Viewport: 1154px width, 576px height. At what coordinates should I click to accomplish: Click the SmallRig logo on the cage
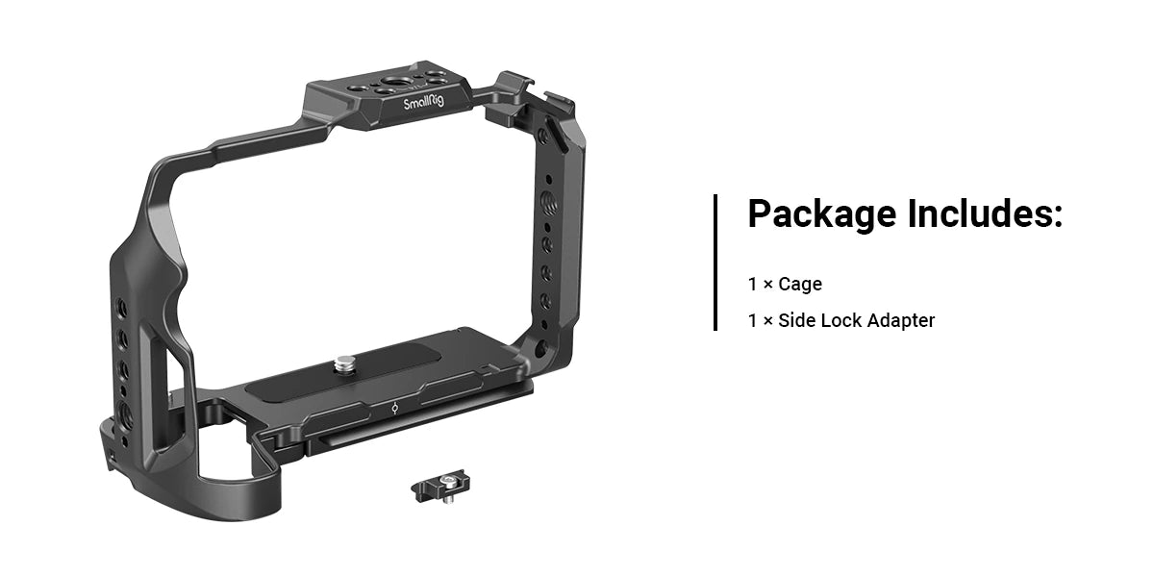pos(423,104)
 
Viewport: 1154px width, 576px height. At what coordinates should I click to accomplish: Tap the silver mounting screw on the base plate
pos(343,364)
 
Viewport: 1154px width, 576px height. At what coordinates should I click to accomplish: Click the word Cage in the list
pos(800,285)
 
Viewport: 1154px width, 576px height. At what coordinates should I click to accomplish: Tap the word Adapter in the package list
pos(901,320)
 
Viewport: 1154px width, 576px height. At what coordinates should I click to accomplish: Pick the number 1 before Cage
pos(753,285)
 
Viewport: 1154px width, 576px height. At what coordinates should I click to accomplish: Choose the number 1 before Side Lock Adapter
pos(753,320)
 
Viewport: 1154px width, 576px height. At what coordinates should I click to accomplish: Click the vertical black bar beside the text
pos(715,262)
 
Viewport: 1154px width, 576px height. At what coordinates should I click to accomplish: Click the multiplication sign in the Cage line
pos(767,285)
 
